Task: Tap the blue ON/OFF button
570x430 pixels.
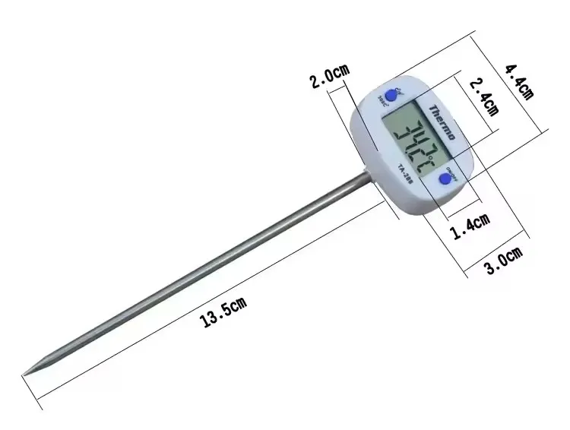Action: pyautogui.click(x=445, y=179)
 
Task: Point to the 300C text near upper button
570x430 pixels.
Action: pyautogui.click(x=380, y=100)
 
